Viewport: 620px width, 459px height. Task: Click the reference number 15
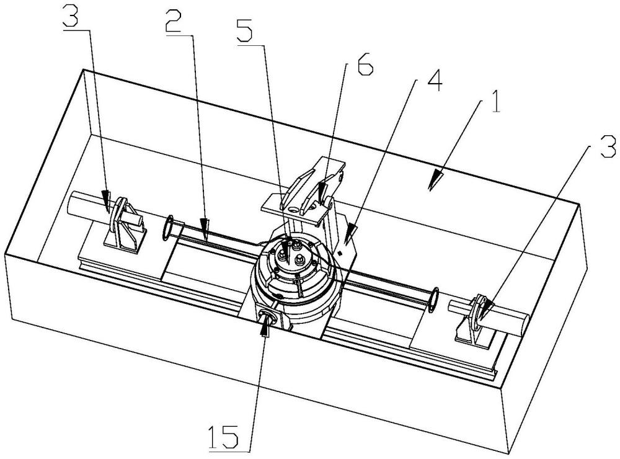pos(224,437)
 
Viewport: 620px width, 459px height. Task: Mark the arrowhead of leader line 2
pos(204,229)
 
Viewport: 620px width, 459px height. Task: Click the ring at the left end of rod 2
pos(169,228)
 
